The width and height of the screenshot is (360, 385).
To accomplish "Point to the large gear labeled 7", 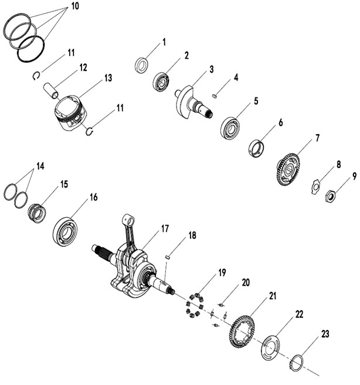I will point(288,169).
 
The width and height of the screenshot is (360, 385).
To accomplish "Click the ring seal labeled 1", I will point(142,64).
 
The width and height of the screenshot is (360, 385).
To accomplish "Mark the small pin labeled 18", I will point(168,255).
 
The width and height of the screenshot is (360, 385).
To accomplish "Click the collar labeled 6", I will point(256,145).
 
